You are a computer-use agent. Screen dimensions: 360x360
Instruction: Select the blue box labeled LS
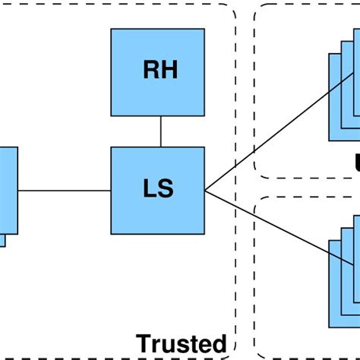coord(157,190)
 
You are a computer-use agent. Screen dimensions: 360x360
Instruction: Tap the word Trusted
coord(181,343)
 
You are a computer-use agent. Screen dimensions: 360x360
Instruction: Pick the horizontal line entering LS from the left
coord(65,190)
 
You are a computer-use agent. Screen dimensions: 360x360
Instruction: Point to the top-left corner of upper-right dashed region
coord(259,9)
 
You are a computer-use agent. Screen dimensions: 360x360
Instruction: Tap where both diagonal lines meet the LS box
coord(204,190)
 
